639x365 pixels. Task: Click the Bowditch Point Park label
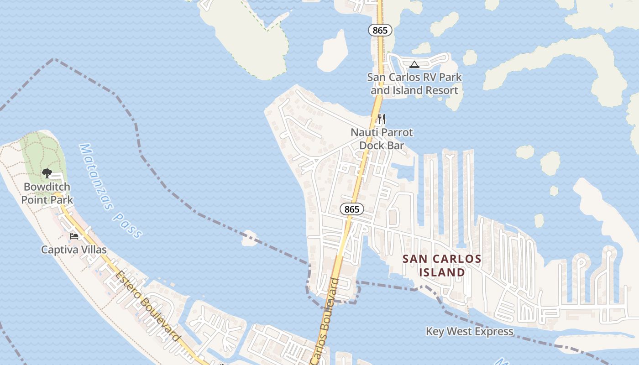point(47,193)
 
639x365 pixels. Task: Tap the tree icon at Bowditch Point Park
point(47,173)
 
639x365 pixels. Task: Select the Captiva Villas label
point(74,250)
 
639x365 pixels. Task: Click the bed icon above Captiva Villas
point(74,236)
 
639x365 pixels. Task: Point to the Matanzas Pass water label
point(110,191)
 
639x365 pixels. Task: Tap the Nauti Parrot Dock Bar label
point(382,139)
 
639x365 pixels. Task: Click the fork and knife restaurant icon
point(382,120)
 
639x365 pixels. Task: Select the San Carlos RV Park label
point(414,83)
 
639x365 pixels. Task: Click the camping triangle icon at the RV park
point(414,65)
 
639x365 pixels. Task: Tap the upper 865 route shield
point(380,31)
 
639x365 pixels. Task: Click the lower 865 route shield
point(352,209)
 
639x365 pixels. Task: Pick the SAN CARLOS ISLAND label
point(442,266)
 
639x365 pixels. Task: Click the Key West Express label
point(470,331)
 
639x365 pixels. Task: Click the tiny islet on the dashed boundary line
point(250,238)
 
